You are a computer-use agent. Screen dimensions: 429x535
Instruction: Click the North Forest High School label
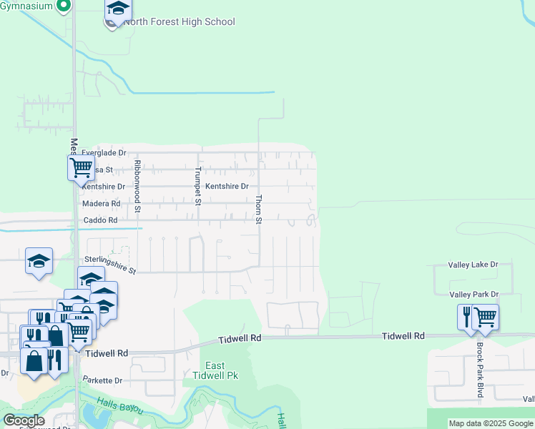179,21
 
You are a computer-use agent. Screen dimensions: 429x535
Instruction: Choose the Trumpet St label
198,186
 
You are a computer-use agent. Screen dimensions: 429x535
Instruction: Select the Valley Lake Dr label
472,265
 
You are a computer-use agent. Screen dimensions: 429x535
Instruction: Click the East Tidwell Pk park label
215,370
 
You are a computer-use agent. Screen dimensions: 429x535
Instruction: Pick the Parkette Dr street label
103,380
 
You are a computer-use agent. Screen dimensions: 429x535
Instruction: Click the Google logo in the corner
24,420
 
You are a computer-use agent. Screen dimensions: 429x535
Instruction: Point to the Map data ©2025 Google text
491,423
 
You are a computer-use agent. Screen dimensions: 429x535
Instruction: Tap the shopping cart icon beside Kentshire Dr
81,168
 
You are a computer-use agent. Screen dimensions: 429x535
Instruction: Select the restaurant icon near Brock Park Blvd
468,316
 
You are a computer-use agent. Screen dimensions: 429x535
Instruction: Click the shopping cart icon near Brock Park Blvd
486,316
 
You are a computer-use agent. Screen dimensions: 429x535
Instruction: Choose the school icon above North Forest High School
118,9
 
